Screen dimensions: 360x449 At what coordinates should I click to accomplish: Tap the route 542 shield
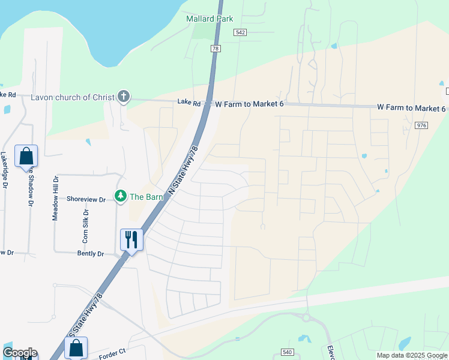(x=240, y=32)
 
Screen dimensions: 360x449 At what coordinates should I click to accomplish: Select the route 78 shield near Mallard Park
(x=216, y=48)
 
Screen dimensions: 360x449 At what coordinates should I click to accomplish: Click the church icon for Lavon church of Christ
(x=124, y=96)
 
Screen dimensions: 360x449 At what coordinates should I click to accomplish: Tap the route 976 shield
(x=421, y=125)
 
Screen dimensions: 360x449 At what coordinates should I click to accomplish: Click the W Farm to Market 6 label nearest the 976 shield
(x=411, y=108)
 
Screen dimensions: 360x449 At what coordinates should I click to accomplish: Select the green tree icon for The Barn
(x=121, y=196)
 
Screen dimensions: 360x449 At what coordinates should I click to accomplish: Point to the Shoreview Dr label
(x=86, y=199)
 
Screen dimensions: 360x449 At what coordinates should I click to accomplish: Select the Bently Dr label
(x=91, y=254)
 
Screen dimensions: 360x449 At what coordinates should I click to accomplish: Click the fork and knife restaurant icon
(x=130, y=239)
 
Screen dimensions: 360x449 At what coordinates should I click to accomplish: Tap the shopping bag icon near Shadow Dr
(x=27, y=156)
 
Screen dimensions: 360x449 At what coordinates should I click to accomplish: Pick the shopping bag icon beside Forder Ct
(x=76, y=347)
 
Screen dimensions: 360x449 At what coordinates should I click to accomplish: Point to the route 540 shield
(x=287, y=353)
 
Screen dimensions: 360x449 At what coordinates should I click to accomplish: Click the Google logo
(x=20, y=353)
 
